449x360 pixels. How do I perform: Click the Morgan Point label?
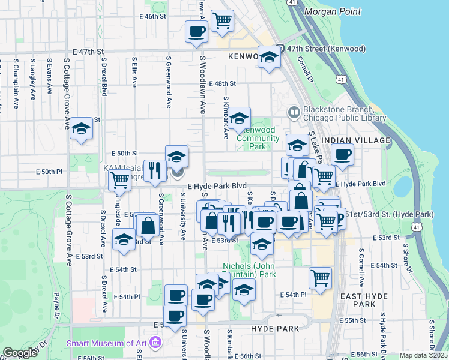[333, 11]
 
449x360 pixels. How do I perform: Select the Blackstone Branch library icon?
[294, 112]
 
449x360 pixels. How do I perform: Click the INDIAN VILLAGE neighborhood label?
[356, 140]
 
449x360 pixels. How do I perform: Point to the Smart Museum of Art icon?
[156, 343]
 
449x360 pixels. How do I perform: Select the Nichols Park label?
[249, 270]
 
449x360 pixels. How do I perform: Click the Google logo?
[20, 353]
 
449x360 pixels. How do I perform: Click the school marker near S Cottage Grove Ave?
[81, 128]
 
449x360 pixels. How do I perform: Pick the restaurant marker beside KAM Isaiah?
[156, 170]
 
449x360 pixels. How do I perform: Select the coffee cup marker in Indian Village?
[342, 154]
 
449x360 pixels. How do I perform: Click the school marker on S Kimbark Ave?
[239, 118]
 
